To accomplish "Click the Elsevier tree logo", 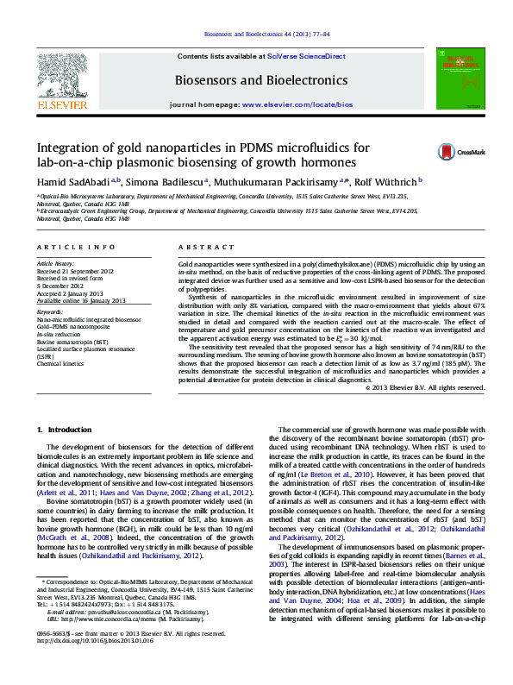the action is pyautogui.click(x=61, y=79).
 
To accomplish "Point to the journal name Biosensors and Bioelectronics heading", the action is pyautogui.click(x=260, y=79).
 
